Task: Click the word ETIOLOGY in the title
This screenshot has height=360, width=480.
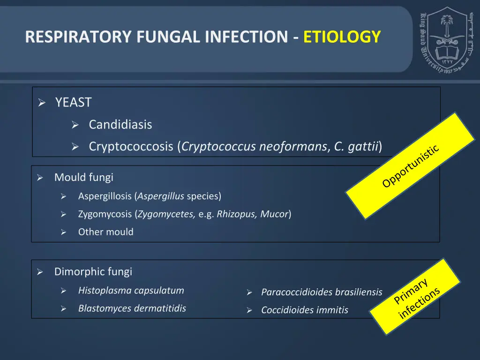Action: tap(342, 37)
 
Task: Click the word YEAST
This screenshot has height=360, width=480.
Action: tap(73, 102)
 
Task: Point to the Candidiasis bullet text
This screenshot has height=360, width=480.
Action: tap(120, 125)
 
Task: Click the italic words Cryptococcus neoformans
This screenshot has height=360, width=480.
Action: tap(255, 147)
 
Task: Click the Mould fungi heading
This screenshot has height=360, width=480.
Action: tap(84, 177)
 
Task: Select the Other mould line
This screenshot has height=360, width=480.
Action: tap(106, 232)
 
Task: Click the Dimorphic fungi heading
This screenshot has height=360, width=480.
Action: tap(93, 271)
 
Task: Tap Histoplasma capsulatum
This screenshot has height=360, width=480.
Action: tap(131, 290)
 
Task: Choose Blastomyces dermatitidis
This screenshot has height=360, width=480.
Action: tap(132, 308)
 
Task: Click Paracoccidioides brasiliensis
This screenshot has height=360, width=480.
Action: tap(322, 292)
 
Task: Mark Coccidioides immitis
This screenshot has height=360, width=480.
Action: tap(305, 310)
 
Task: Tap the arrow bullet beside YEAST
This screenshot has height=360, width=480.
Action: tap(41, 103)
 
